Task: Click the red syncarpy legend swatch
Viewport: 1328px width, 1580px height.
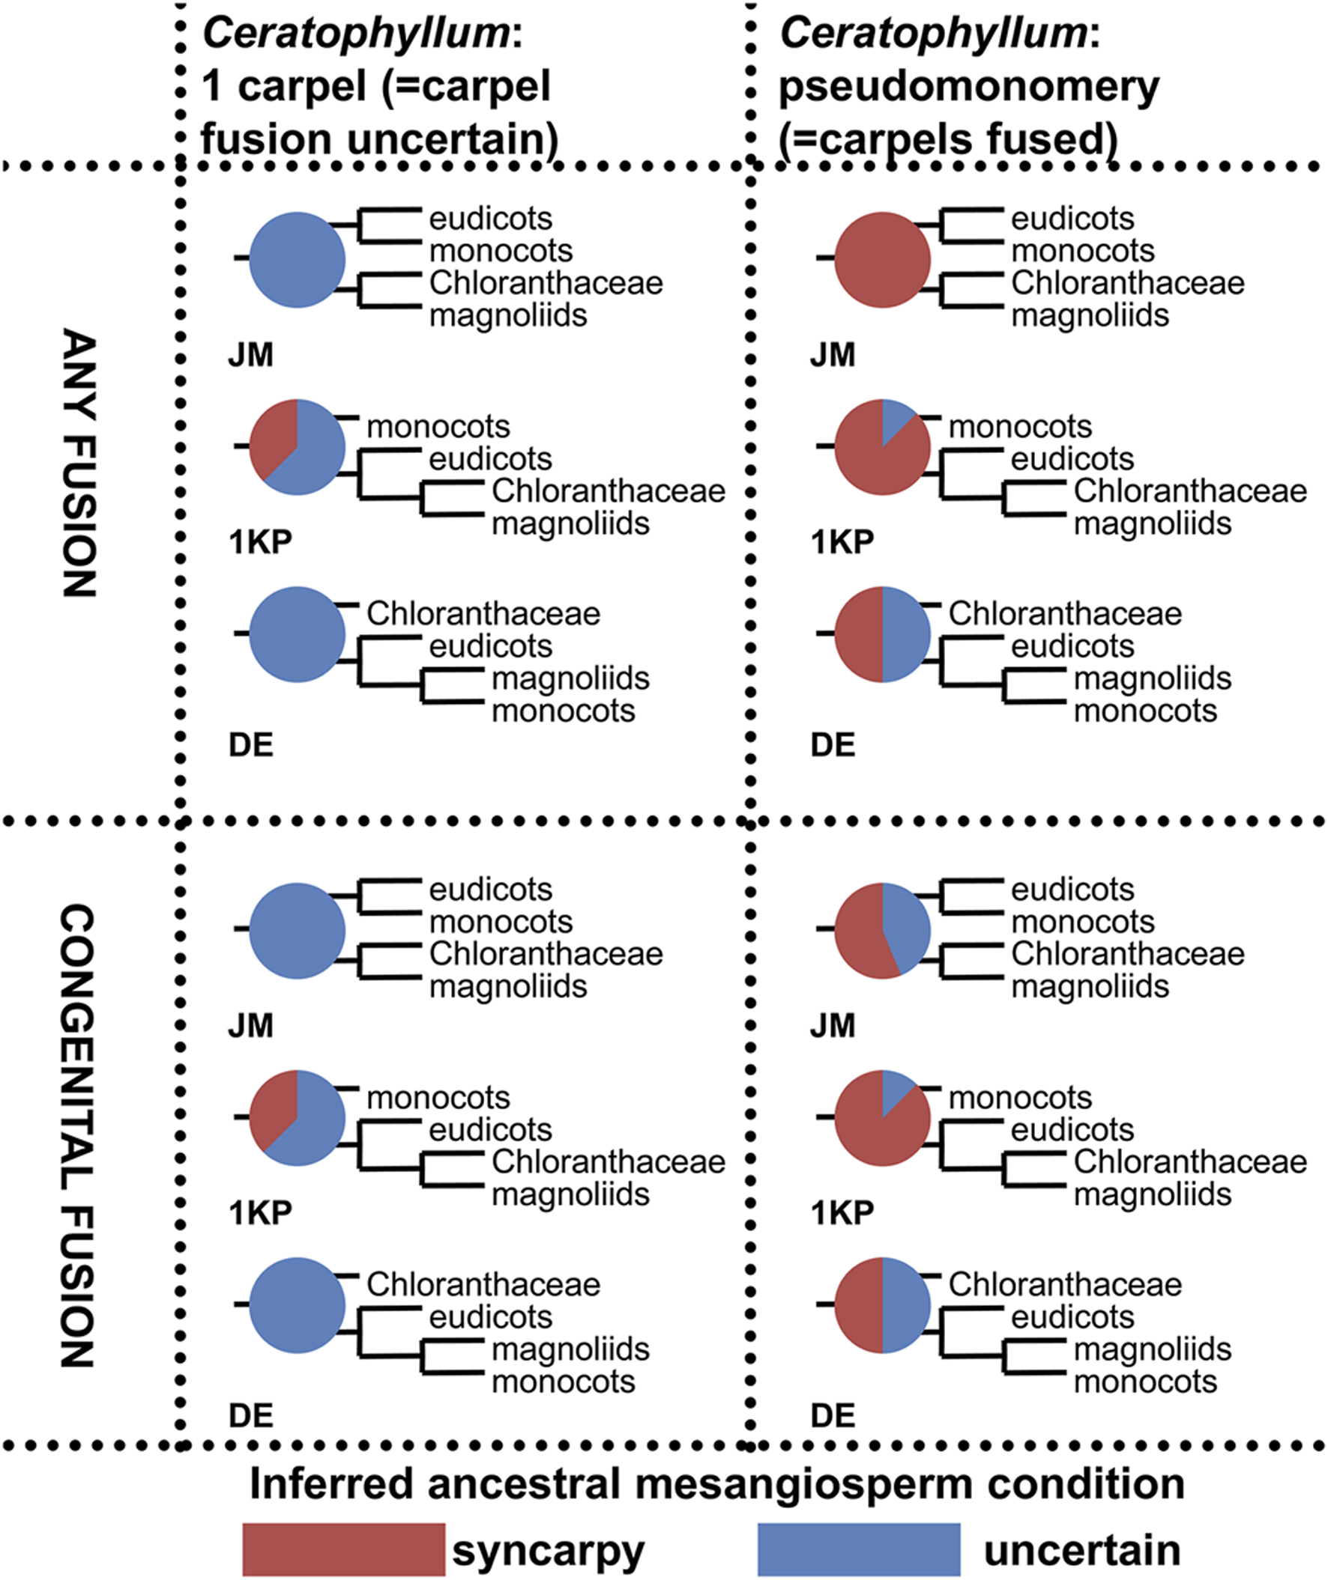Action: [343, 1549]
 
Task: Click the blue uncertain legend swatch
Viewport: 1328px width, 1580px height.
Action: [858, 1549]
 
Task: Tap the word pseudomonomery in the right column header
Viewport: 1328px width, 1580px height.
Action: [968, 88]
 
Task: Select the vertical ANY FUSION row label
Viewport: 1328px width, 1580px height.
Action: [78, 463]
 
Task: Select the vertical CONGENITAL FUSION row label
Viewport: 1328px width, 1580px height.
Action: [78, 1136]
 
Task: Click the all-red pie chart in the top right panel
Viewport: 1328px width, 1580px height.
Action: [882, 260]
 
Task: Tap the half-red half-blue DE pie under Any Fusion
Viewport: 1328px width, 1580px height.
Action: [882, 634]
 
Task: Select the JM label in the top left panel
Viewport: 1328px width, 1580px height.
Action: [251, 354]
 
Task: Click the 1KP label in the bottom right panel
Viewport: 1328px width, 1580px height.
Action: [842, 1213]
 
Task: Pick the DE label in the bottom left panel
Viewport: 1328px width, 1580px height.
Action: [251, 1416]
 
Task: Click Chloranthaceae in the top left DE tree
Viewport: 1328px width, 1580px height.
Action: [483, 614]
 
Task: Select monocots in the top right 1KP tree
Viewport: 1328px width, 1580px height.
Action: [1019, 427]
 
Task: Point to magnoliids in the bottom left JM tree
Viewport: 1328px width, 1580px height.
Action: [508, 985]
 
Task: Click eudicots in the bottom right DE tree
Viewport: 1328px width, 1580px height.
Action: [1072, 1316]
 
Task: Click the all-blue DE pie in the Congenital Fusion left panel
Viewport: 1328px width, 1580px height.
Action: [298, 1305]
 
